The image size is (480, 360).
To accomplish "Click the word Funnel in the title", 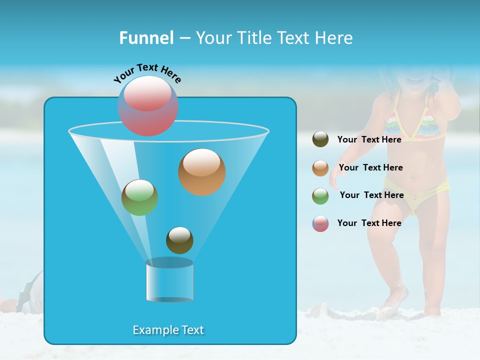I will pyautogui.click(x=146, y=38).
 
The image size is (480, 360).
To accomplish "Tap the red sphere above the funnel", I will pyautogui.click(x=148, y=105).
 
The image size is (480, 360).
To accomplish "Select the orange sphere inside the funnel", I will pyautogui.click(x=202, y=172).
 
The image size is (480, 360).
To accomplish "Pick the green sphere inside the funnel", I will pyautogui.click(x=140, y=197).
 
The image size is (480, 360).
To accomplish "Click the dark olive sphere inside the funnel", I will pyautogui.click(x=179, y=240).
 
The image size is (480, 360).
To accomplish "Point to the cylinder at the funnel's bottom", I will pyautogui.click(x=169, y=281).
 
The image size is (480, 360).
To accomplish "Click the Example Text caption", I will pyautogui.click(x=168, y=330).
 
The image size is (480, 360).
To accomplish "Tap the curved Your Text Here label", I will pyautogui.click(x=147, y=73).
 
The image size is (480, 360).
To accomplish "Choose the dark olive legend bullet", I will pyautogui.click(x=320, y=139).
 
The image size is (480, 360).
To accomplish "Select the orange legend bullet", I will pyautogui.click(x=320, y=168).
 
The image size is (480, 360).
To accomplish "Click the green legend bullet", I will pyautogui.click(x=320, y=196).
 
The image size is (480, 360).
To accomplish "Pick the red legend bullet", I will pyautogui.click(x=320, y=223).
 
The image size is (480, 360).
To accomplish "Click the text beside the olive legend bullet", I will pyautogui.click(x=369, y=139).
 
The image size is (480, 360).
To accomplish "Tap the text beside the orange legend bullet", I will pyautogui.click(x=370, y=167).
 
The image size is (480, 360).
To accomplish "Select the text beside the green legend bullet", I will pyautogui.click(x=371, y=195).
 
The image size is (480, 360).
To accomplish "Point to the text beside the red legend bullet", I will pyautogui.click(x=369, y=223).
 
